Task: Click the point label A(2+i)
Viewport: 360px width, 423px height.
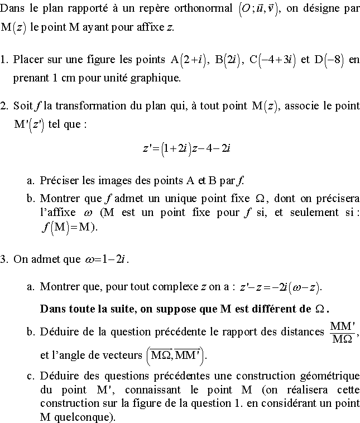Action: [x=189, y=60]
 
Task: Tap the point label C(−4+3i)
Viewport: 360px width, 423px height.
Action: [x=272, y=60]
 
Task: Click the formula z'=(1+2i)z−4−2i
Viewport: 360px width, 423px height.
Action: [x=186, y=148]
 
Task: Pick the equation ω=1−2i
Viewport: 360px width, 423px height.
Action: [x=105, y=259]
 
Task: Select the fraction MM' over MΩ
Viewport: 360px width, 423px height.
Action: [x=342, y=331]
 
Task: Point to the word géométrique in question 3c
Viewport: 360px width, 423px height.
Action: [x=332, y=376]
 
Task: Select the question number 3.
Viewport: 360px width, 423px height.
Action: [x=4, y=259]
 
